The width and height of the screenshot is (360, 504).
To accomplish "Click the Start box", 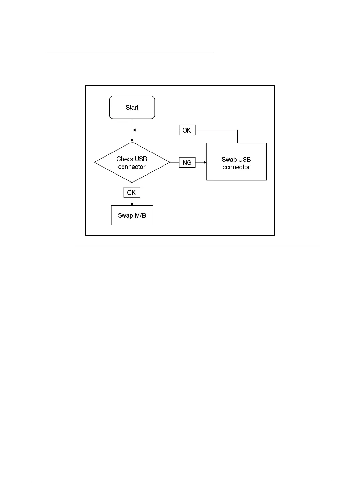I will pos(132,107).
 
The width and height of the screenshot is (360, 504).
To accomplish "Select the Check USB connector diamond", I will pos(132,163).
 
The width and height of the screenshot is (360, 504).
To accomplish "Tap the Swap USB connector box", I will pos(236,162).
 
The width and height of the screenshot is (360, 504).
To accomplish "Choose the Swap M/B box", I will pos(132,215).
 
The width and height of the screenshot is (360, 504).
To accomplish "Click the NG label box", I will pos(187,163).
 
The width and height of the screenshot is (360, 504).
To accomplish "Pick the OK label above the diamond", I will pos(187,130).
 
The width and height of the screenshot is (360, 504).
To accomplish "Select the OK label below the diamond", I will pos(132,192).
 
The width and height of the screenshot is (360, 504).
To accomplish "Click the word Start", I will pos(132,107).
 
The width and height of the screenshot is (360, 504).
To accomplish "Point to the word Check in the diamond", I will pos(125,159).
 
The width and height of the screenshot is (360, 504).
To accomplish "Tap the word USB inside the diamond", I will pos(141,159).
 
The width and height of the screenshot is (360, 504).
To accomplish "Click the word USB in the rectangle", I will pos(244,160).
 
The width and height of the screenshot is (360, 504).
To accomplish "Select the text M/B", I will pos(139,215).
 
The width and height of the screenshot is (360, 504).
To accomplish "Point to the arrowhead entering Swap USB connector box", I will pos(205,163).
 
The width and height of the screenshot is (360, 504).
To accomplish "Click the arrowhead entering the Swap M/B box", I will pos(132,204).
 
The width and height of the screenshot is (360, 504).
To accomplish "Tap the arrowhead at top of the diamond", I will pos(132,141).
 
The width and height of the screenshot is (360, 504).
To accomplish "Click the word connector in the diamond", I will pos(132,167).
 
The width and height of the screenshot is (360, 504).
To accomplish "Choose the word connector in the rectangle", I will pos(236,167).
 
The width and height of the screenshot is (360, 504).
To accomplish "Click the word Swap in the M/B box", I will pos(125,215).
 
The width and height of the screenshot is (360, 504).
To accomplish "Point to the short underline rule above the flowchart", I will pos(129,53).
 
